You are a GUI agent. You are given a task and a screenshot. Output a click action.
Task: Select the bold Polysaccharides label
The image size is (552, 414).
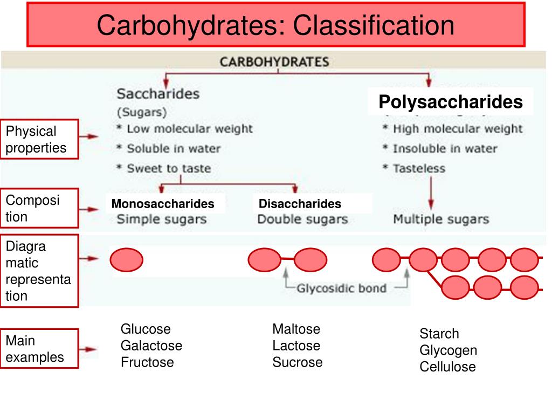pyautogui.click(x=450, y=102)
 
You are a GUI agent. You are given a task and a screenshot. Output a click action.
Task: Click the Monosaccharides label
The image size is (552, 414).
pyautogui.click(x=163, y=204)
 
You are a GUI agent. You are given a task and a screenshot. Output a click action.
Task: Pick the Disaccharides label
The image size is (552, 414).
pyautogui.click(x=300, y=204)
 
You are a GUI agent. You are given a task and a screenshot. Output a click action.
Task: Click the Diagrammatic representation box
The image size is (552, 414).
pyautogui.click(x=39, y=271)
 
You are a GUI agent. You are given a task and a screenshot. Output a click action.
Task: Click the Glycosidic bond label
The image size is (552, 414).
pyautogui.click(x=341, y=288)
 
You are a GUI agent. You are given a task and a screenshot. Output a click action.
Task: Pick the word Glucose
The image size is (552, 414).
pyautogui.click(x=146, y=329)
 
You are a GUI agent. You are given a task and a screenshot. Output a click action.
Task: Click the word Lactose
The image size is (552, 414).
pyautogui.click(x=296, y=346)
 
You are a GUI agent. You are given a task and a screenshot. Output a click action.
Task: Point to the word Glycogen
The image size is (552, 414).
pyautogui.click(x=448, y=350)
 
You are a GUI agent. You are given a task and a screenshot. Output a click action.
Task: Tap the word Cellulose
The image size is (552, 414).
pyautogui.click(x=447, y=367)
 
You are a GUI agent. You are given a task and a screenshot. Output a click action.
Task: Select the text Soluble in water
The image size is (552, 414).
pyautogui.click(x=174, y=148)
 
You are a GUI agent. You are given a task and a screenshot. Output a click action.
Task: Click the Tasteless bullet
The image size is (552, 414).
pyautogui.click(x=419, y=168)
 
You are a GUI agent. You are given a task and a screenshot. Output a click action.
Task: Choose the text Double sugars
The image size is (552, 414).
pyautogui.click(x=302, y=219)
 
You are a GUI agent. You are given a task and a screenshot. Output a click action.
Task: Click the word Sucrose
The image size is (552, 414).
pyautogui.click(x=297, y=362)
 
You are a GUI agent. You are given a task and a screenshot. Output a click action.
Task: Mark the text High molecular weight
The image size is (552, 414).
pyautogui.click(x=457, y=129)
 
